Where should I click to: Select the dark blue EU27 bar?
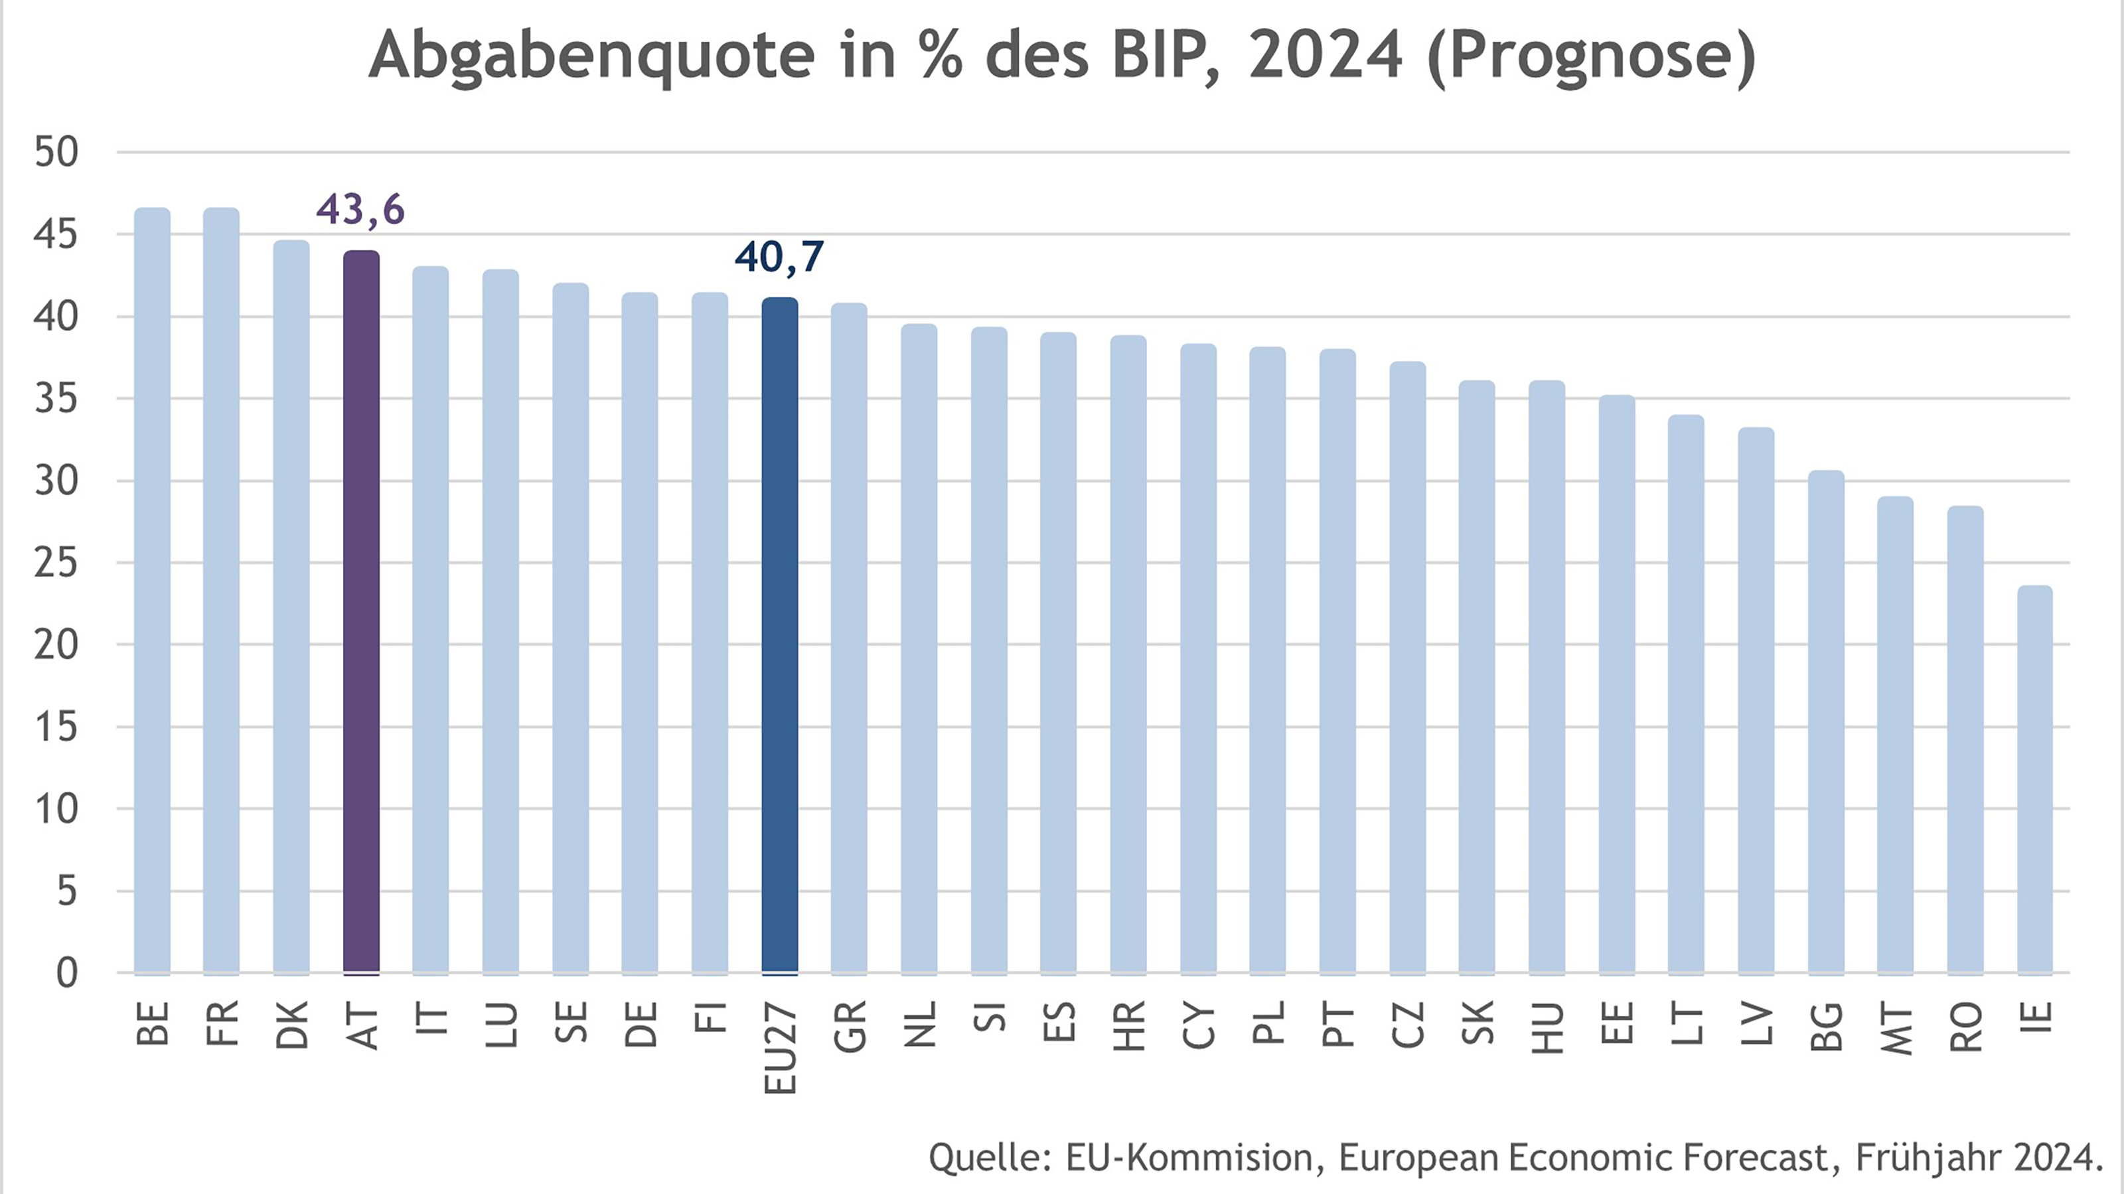[779, 635]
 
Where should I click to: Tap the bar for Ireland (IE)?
[2034, 779]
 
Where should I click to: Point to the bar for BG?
[1825, 721]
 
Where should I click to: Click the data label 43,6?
[360, 210]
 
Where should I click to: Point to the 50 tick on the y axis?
[56, 153]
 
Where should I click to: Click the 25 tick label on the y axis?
[56, 563]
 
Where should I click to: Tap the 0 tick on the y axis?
[66, 974]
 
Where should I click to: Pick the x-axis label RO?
[1965, 1027]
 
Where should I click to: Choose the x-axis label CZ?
[1407, 1025]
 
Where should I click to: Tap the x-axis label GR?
[850, 1027]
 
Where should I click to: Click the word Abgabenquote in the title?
[592, 56]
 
